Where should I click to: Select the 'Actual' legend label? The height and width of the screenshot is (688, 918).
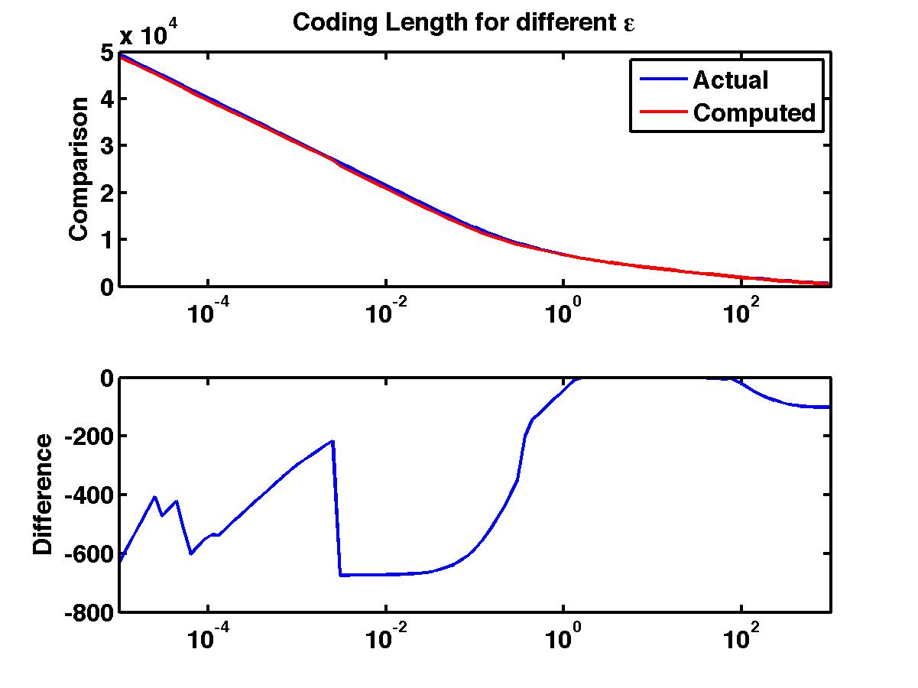point(730,80)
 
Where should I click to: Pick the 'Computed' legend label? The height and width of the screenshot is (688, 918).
point(754,113)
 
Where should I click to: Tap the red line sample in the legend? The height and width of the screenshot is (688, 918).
point(659,113)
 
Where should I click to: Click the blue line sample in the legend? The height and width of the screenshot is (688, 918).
point(659,80)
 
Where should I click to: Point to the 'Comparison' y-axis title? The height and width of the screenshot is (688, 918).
point(79,169)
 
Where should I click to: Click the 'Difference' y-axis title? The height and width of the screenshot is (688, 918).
point(44,494)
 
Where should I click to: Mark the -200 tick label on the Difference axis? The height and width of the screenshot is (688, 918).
point(90,436)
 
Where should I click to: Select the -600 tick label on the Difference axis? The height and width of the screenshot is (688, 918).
point(90,553)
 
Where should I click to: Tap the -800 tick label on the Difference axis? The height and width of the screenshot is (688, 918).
point(90,612)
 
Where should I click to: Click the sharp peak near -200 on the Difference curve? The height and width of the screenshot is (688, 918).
point(332,441)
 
